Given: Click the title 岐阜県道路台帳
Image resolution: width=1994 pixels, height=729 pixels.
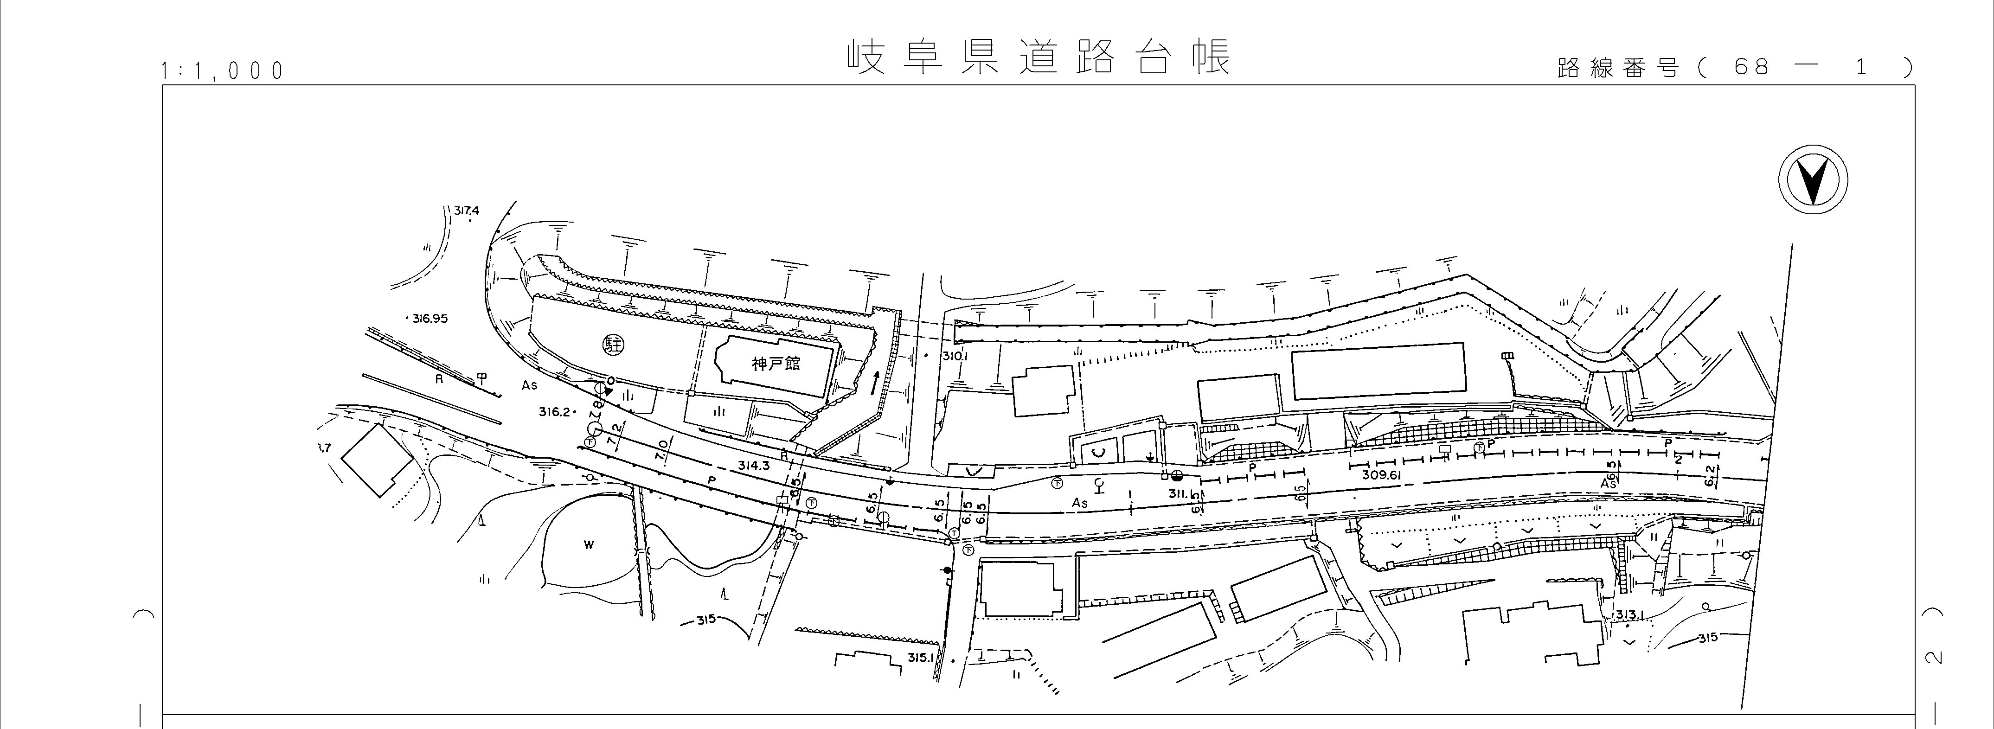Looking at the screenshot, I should pos(1037,58).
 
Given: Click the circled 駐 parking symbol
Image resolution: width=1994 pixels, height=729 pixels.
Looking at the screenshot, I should pos(614,344).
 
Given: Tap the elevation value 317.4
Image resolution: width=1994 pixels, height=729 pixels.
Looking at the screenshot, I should pos(467,211).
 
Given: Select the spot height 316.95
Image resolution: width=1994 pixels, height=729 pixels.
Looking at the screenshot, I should pos(430,318).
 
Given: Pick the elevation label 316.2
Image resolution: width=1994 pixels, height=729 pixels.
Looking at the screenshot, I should pos(555,412).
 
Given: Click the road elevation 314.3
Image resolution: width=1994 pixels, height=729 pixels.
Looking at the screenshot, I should pos(753,466).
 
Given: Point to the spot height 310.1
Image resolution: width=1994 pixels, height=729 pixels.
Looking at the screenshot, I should pos(955,357).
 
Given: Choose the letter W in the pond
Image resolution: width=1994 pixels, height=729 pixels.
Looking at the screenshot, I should pos(588,545).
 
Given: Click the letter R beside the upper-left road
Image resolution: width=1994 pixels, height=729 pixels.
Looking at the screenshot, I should pos(439,380).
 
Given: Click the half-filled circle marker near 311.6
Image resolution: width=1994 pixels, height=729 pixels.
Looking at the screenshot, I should pos(1177,476).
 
